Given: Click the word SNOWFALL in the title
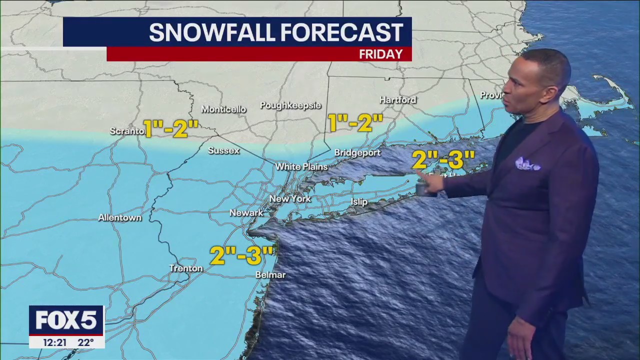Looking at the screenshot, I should point(212,32).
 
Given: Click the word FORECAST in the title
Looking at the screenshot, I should point(341,32).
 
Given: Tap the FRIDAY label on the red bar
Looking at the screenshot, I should point(380,54).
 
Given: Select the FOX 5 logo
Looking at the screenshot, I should point(66,320).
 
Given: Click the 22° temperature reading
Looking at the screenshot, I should point(85,342).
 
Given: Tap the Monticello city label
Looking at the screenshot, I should point(223,109).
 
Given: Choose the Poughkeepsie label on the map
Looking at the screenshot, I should point(290,105).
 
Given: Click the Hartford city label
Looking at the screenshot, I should point(397,100).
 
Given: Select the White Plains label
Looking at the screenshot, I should point(301,166).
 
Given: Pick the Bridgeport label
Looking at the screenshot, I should point(357,153).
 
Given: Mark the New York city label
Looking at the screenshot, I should point(290,199).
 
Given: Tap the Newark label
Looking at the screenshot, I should point(246,213).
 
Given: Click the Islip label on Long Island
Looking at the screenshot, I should point(359,202).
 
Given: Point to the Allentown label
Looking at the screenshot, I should point(119,218).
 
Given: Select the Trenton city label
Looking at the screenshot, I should point(186,268).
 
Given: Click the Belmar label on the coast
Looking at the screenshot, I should point(270,275).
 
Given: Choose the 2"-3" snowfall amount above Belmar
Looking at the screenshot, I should point(242,255).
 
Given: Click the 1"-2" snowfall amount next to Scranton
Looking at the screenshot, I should point(171,128).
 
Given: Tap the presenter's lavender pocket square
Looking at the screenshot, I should point(527,164).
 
